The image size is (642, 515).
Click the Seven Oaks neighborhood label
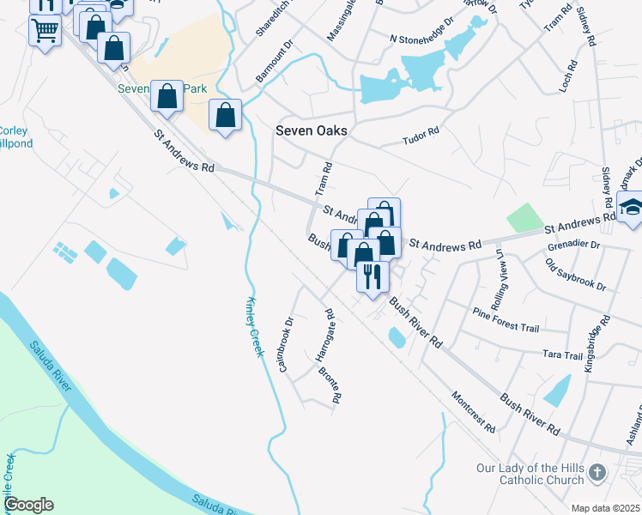point(311,130)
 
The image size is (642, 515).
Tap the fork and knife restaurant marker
point(372,276)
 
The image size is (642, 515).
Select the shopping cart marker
point(45,31)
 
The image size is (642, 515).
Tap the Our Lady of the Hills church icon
point(598,473)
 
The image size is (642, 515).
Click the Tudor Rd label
point(421,135)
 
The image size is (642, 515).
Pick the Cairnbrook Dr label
point(287,344)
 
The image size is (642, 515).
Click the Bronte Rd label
point(330,385)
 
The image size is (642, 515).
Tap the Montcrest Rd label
point(473,412)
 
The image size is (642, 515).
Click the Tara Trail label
point(563,354)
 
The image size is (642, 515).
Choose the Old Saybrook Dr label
point(576,274)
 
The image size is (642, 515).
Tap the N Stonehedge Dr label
point(421,39)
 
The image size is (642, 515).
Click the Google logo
point(28,505)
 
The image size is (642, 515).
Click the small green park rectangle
point(524,217)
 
